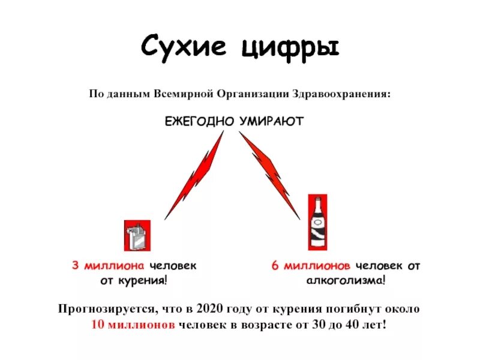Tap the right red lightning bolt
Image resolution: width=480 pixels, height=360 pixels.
pos(271,174)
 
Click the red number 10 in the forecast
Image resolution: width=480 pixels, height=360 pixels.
pos(98,325)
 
